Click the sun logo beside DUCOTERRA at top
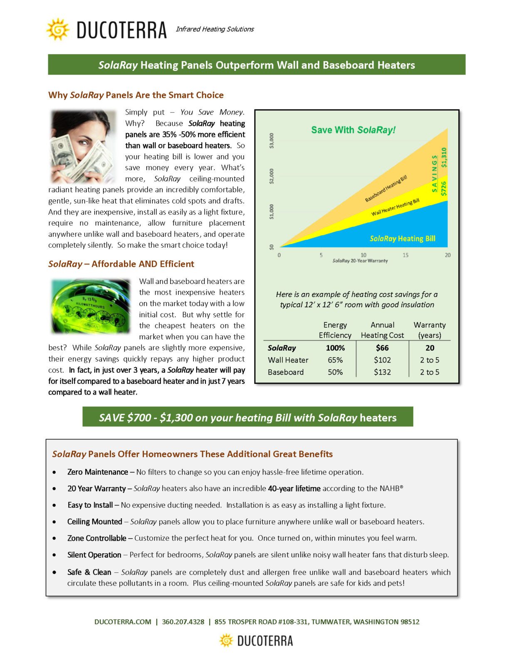pyautogui.click(x=58, y=29)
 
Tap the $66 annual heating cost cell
pyautogui.click(x=382, y=348)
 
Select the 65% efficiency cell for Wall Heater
pyautogui.click(x=335, y=360)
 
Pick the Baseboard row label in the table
pyautogui.click(x=286, y=372)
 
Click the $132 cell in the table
pyautogui.click(x=382, y=372)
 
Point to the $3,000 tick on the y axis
pyautogui.click(x=272, y=141)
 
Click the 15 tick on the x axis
pyautogui.click(x=405, y=255)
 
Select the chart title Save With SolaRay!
pyautogui.click(x=353, y=130)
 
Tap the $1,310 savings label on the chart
pyautogui.click(x=444, y=157)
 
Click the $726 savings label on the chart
pyautogui.click(x=444, y=189)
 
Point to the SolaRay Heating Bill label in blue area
pyautogui.click(x=402, y=239)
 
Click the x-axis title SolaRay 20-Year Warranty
pyautogui.click(x=360, y=261)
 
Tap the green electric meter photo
pyautogui.click(x=90, y=306)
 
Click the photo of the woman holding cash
pyautogui.click(x=83, y=146)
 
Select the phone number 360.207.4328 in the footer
pyautogui.click(x=183, y=622)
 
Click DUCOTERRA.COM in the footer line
pyautogui.click(x=123, y=622)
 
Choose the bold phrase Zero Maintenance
pyautogui.click(x=97, y=472)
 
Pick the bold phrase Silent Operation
pyautogui.click(x=94, y=555)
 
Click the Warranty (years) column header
pyautogui.click(x=430, y=330)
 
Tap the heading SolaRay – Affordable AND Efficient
pyautogui.click(x=121, y=264)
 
